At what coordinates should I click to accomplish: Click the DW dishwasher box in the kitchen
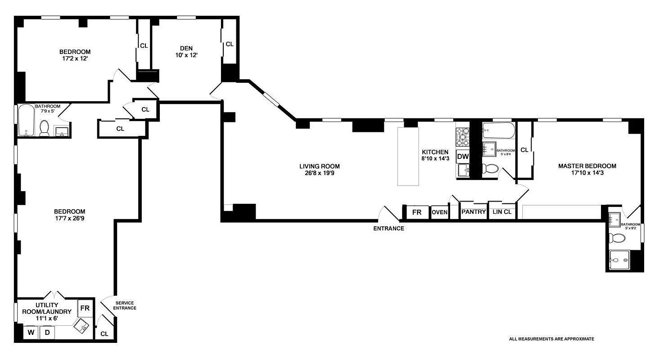point(463,157)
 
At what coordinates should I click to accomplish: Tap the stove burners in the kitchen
point(462,137)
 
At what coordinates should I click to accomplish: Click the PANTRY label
point(474,212)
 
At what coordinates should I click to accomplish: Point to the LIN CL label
point(502,212)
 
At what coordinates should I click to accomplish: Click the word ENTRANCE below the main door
point(388,229)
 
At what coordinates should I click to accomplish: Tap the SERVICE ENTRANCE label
point(125,305)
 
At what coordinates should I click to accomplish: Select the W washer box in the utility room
point(31,333)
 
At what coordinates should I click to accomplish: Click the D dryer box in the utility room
point(47,333)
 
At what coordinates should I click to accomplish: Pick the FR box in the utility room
point(85,308)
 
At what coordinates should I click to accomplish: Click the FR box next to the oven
point(417,212)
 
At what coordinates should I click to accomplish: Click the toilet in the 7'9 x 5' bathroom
point(44,128)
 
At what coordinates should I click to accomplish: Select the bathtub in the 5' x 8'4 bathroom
point(498,131)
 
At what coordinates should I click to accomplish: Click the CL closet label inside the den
point(230,44)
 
